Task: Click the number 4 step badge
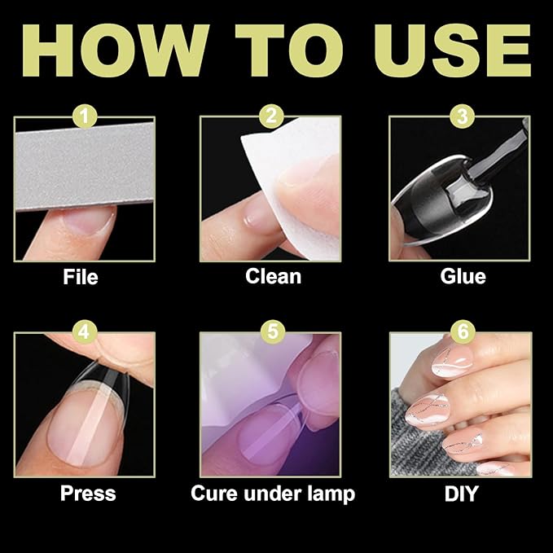point(83,332)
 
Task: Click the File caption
point(81,277)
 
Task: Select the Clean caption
point(273,277)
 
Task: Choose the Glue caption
point(463,277)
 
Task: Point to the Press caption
point(88,494)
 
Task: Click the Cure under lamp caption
point(273,494)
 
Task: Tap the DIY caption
point(463,494)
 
